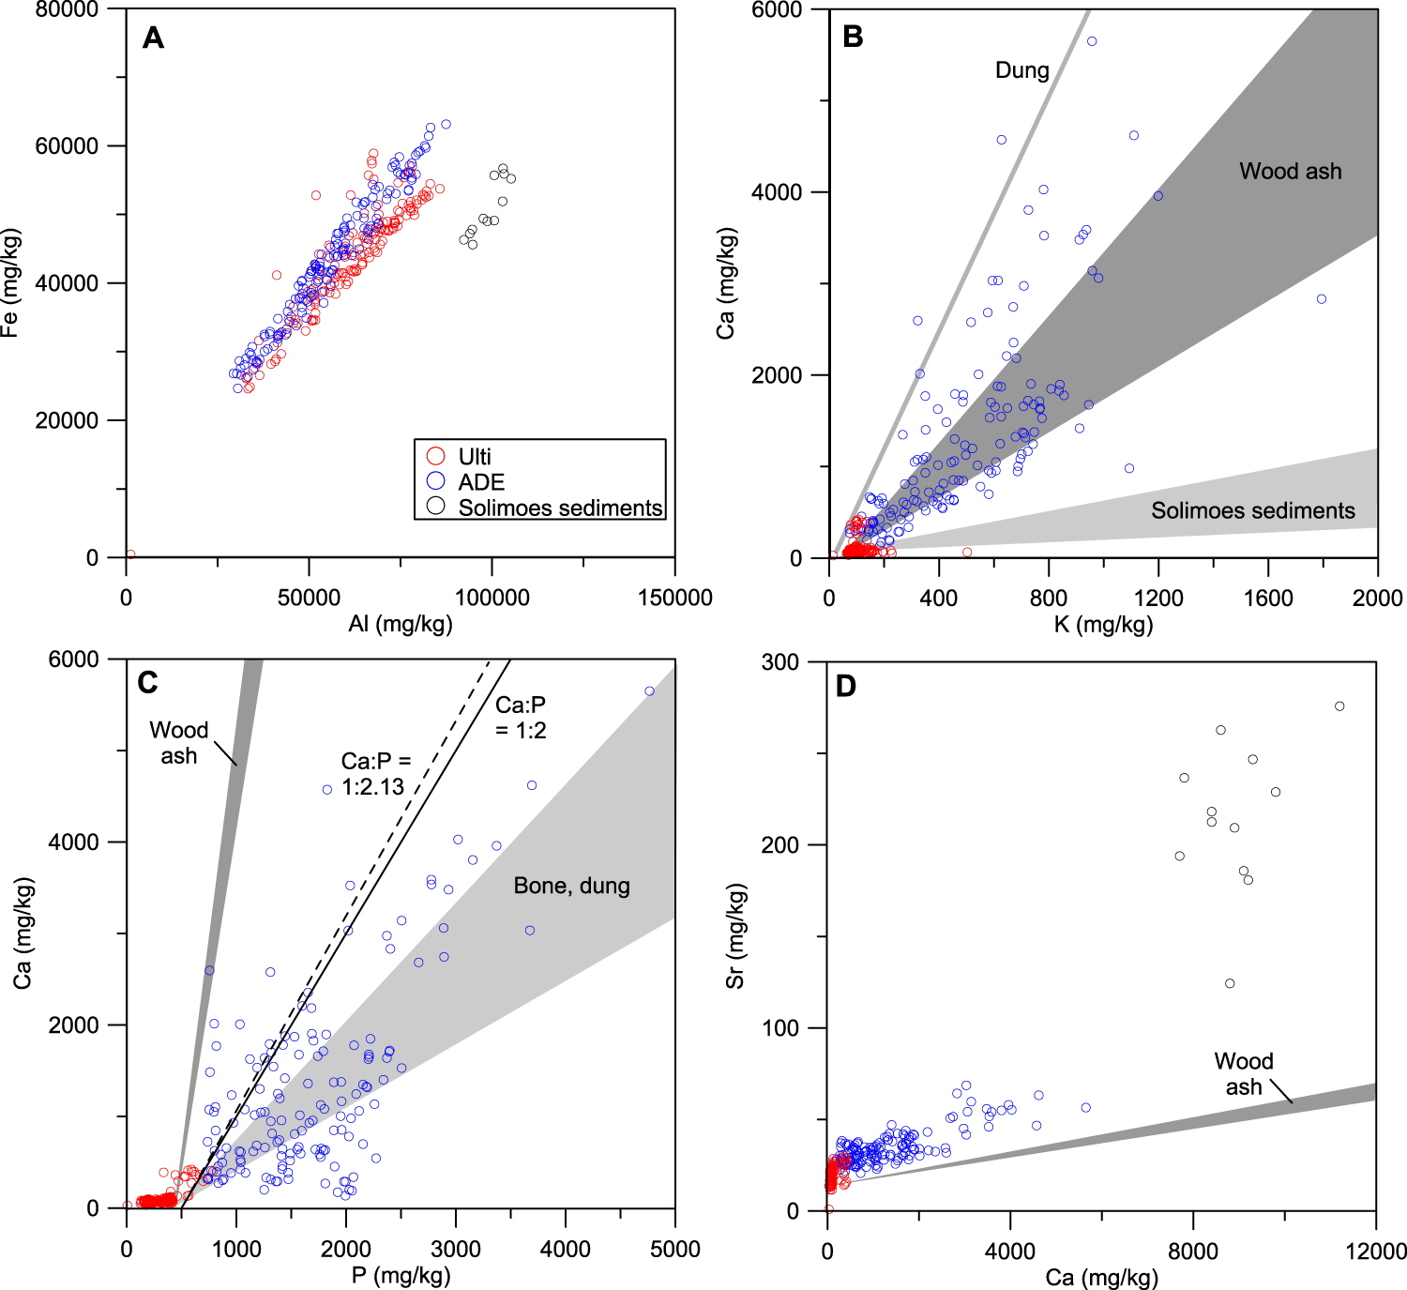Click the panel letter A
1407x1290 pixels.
153,38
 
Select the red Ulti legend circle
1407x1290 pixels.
435,457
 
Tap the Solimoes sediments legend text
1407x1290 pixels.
560,508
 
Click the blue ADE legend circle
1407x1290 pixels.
435,482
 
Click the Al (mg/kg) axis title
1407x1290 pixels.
401,624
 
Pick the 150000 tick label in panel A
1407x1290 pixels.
674,598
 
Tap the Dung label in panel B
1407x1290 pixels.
1021,70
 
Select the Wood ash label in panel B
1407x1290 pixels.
1290,171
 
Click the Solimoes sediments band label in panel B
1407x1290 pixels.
1252,510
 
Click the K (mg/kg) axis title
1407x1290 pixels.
1103,624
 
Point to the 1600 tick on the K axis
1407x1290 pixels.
1267,598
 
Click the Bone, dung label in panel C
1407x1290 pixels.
571,886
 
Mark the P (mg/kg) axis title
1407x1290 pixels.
401,1275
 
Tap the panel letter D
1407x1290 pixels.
845,686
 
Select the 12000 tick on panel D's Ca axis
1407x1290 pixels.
1375,1251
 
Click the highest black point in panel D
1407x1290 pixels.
1339,706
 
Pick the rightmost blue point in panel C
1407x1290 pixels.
649,691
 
